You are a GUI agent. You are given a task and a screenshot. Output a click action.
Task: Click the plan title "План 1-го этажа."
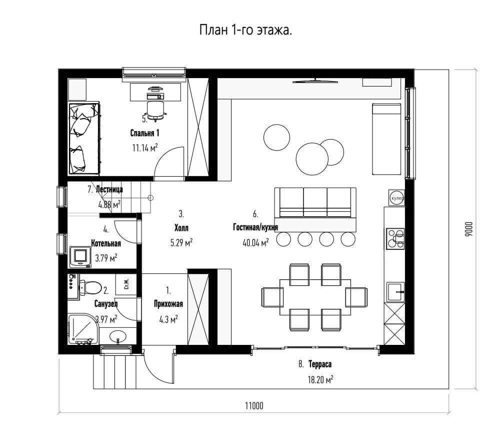(245, 31)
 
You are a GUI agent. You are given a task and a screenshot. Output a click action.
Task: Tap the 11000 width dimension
(254, 406)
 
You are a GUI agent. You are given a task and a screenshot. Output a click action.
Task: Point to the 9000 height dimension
(468, 229)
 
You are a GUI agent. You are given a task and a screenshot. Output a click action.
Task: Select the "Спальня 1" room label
(144, 133)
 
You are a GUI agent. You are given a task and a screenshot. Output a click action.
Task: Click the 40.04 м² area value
(255, 243)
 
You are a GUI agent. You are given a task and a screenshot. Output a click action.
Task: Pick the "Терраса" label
(320, 364)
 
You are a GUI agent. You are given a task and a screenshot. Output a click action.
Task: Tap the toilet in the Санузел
(90, 287)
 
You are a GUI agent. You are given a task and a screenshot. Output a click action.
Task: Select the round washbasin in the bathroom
(118, 337)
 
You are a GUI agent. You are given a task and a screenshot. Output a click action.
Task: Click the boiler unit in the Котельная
(80, 256)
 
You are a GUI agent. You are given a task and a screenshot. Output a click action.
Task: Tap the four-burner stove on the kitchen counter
(395, 239)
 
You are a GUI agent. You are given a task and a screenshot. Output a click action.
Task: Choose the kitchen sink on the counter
(395, 292)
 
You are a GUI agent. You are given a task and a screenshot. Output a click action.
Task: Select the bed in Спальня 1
(84, 139)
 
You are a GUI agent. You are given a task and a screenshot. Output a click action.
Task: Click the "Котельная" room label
(106, 243)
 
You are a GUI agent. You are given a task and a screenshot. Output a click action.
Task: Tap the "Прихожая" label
(168, 303)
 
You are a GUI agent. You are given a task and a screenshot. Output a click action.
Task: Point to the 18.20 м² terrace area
(320, 379)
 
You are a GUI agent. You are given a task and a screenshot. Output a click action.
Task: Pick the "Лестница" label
(109, 189)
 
